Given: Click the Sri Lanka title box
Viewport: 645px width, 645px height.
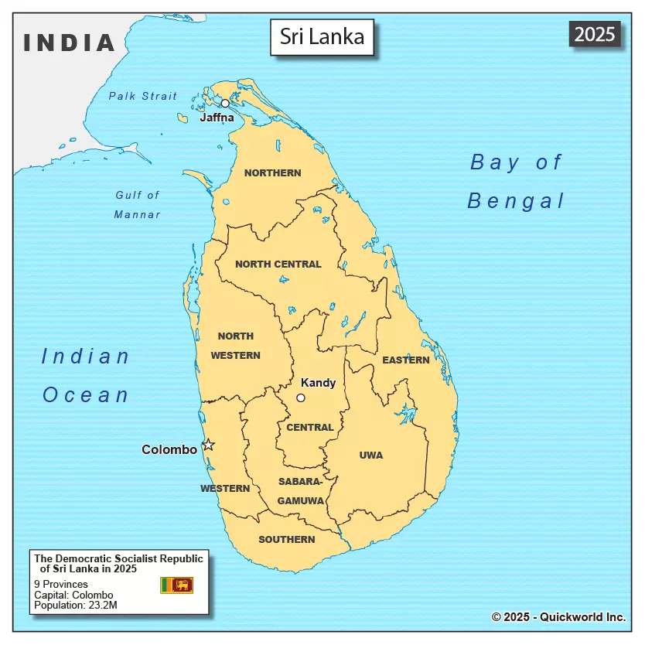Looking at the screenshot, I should coord(322,37).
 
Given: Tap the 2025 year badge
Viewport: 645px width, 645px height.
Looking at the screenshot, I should coord(595,34).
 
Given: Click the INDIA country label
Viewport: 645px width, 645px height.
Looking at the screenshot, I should coord(70,43).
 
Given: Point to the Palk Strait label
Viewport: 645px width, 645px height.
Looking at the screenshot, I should coord(142,96).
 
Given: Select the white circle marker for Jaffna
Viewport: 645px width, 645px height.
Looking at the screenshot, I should coord(225,103).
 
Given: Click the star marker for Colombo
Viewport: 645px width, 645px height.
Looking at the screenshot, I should coord(208,445).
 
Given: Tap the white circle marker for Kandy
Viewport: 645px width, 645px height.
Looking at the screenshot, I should coord(301,398).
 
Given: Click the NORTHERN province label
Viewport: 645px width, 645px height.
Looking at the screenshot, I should coord(272,172).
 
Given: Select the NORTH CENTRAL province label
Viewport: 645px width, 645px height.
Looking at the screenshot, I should coord(278,264).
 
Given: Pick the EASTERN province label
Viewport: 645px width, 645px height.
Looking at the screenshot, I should coord(405,360).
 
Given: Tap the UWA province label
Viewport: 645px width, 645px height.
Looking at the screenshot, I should coord(371,455).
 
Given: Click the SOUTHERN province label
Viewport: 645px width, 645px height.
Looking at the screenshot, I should coord(286,539).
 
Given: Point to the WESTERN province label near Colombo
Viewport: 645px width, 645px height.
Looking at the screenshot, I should coord(225,488).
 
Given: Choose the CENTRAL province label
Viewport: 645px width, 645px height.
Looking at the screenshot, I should coord(309,427).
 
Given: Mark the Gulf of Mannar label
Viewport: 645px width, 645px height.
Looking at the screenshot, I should coord(138,205).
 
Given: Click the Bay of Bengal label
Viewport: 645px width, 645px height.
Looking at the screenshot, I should coord(517,182).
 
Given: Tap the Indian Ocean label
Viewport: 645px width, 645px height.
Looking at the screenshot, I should coord(86,375).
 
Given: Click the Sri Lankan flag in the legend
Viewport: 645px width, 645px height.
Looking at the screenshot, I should coord(176,585).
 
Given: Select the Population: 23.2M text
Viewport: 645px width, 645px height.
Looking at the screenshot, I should coord(76,605).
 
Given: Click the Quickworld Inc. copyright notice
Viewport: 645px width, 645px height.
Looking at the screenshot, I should coord(558,616).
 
